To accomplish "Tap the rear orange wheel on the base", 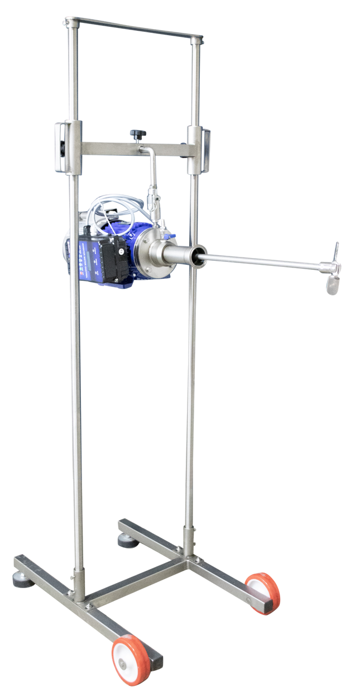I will click(x=263, y=592).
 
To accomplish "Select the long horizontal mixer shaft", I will click(x=262, y=263).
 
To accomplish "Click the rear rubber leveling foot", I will click(x=124, y=541).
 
